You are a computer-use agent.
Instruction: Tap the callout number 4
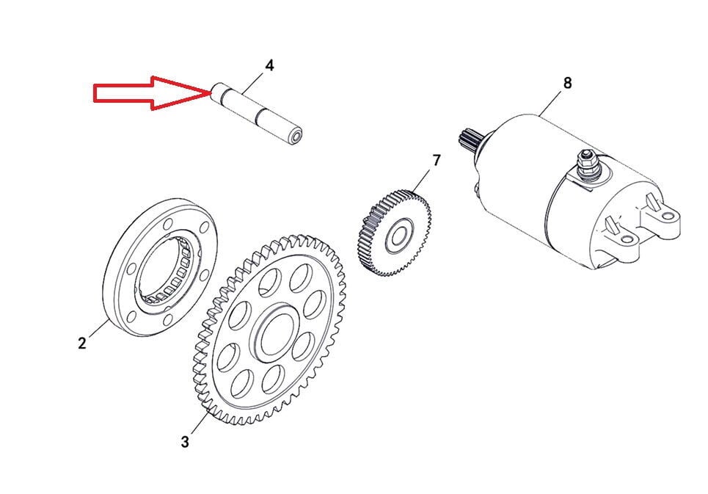coord(269,66)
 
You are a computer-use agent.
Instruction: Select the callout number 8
coord(567,84)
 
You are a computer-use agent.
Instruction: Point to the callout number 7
coord(437,160)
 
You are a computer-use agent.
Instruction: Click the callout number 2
coord(83,343)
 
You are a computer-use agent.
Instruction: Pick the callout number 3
coord(185,442)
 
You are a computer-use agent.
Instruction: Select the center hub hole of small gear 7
coord(398,236)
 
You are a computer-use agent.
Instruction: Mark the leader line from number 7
coord(424,179)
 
